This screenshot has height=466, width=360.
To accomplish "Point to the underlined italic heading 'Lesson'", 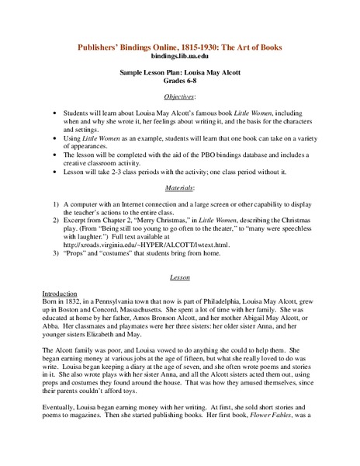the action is click(179, 277).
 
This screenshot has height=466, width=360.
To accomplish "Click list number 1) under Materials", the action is click(56, 203).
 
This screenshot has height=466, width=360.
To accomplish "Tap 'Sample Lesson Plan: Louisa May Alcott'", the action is click(179, 71).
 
